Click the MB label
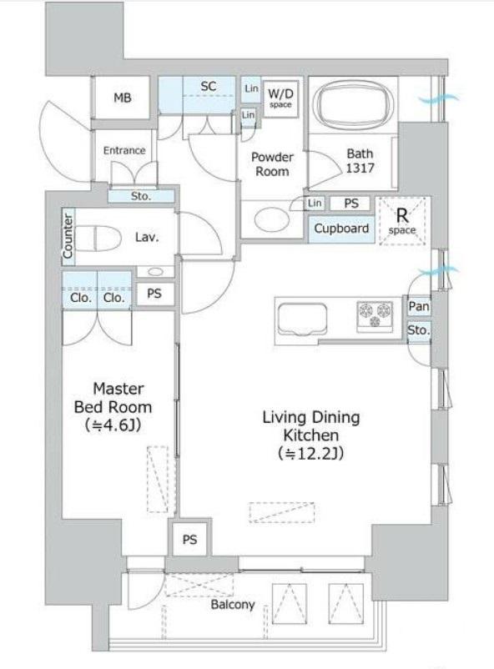tap(123, 98)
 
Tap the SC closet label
tap(209, 86)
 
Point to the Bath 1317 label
tap(360, 160)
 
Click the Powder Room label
tap(272, 163)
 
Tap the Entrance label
tap(124, 150)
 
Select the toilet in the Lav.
tap(98, 237)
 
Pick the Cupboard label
tap(341, 229)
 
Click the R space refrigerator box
tap(402, 221)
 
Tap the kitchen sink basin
tap(302, 319)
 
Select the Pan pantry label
tap(418, 306)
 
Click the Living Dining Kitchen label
tap(310, 425)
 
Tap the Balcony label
tap(233, 604)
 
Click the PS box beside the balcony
tap(189, 540)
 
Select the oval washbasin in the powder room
tap(268, 219)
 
